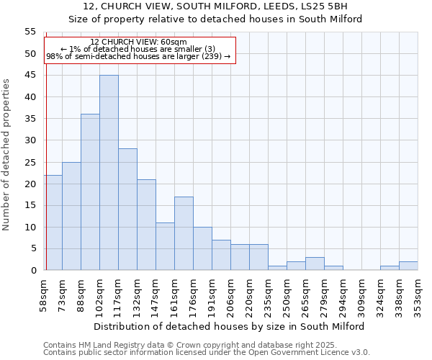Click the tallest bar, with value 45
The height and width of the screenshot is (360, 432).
point(109,173)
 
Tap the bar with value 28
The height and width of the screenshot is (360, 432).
point(127,210)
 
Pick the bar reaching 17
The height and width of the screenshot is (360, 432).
point(184,233)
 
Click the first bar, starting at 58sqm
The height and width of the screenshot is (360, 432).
point(53,222)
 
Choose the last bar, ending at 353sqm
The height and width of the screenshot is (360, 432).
point(408,266)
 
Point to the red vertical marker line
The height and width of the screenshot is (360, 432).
point(45,144)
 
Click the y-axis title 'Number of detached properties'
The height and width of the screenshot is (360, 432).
point(7,154)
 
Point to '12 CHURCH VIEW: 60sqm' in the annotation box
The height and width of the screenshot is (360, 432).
point(139,42)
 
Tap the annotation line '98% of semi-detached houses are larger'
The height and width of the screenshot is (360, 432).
point(138,56)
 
